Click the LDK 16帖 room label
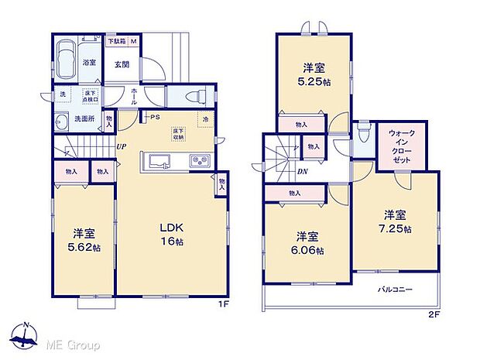170,233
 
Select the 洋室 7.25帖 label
395,222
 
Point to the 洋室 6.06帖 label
308,244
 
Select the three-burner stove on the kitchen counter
200,162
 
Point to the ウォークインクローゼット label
402,145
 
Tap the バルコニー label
395,289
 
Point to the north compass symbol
26,334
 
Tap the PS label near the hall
154,118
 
